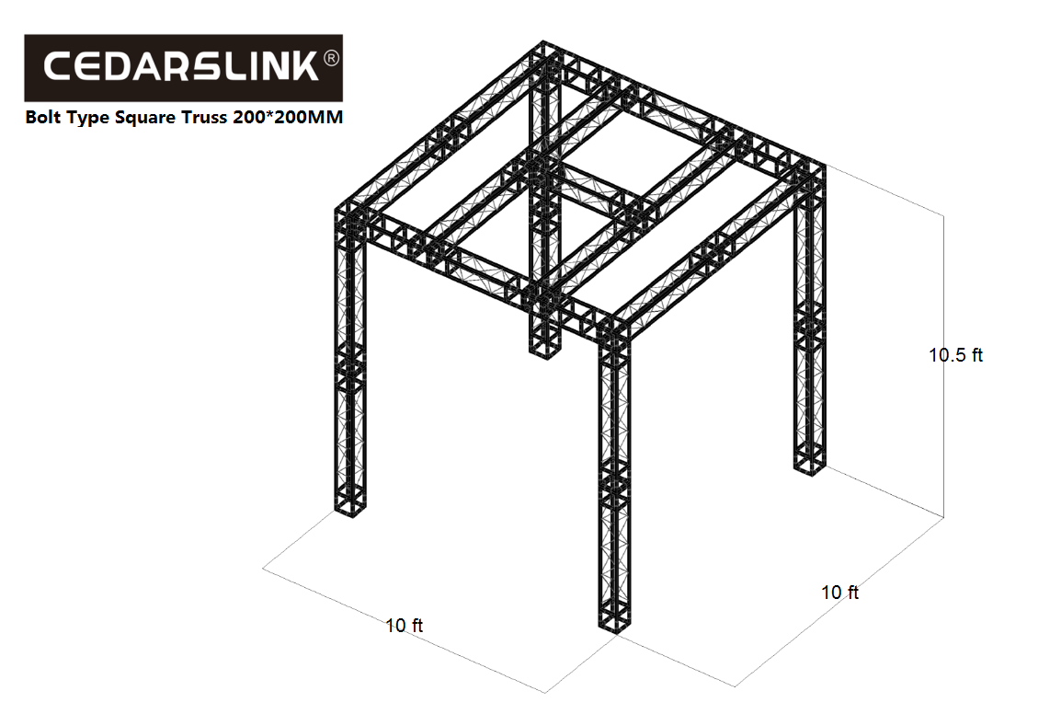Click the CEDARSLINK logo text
(x=181, y=66)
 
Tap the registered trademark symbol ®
(x=331, y=58)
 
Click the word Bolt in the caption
(x=43, y=117)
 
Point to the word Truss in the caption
(x=203, y=117)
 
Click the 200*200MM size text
(x=289, y=117)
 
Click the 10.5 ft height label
(x=955, y=355)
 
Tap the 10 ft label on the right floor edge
(x=839, y=592)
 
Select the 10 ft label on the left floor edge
(x=404, y=626)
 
